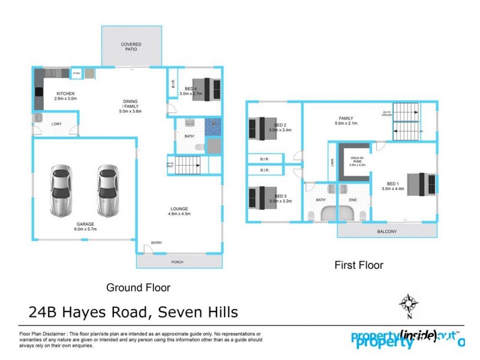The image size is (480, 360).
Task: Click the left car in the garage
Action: pyautogui.click(x=62, y=191)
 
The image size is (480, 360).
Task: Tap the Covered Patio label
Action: pyautogui.click(x=131, y=47)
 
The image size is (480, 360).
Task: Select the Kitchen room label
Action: pyautogui.click(x=65, y=97)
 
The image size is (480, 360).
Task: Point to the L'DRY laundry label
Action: pyautogui.click(x=56, y=124)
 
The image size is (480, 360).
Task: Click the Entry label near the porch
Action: pyautogui.click(x=157, y=242)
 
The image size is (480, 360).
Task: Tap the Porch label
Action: pyautogui.click(x=178, y=262)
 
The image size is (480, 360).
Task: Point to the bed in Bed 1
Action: pyautogui.click(x=422, y=184)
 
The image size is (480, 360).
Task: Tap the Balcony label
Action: pyautogui.click(x=386, y=232)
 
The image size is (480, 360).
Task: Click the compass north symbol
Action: pyautogui.click(x=407, y=302)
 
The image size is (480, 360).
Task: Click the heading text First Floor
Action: pyautogui.click(x=358, y=265)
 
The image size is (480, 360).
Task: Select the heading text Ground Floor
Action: pyautogui.click(x=138, y=287)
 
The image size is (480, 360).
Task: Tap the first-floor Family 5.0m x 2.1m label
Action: pyautogui.click(x=346, y=121)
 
